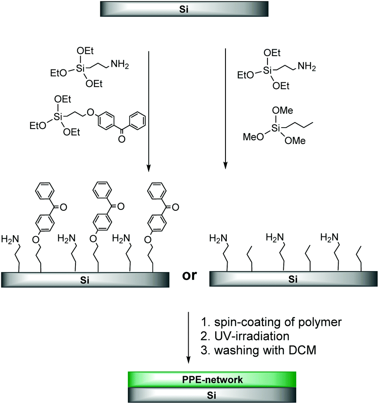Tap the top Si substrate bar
(x=178, y=8)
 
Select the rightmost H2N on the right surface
(x=330, y=236)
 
